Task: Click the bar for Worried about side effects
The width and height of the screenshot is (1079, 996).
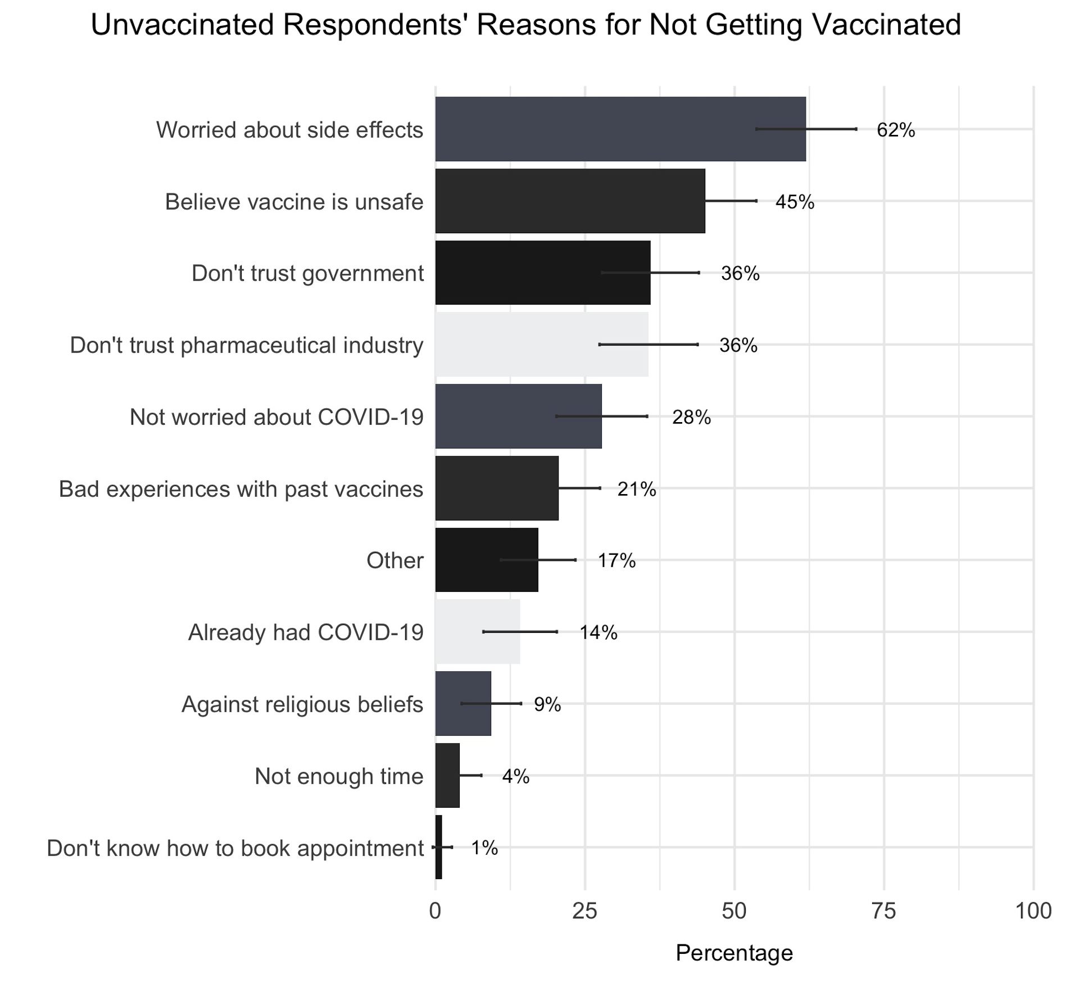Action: pyautogui.click(x=618, y=129)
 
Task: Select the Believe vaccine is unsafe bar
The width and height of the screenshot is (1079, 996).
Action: pyautogui.click(x=568, y=201)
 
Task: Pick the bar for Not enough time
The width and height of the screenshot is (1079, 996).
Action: pyautogui.click(x=447, y=775)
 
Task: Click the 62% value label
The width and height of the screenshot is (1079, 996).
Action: pyautogui.click(x=895, y=130)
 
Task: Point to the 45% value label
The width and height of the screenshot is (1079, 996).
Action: pyautogui.click(x=794, y=202)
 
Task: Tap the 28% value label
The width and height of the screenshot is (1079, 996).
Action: pyautogui.click(x=691, y=417)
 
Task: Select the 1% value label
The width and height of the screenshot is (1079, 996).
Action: pyautogui.click(x=484, y=848)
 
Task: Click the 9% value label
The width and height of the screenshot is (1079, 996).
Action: pyautogui.click(x=547, y=704)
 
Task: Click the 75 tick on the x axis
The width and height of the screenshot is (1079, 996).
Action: pyautogui.click(x=884, y=911)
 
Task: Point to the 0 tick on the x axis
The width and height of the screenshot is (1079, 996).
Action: pyautogui.click(x=435, y=911)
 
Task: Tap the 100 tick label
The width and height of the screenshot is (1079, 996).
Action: pyautogui.click(x=1033, y=911)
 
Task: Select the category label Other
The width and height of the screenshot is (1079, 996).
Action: pyautogui.click(x=395, y=560)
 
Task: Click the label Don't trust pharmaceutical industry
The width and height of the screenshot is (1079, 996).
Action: pyautogui.click(x=246, y=345)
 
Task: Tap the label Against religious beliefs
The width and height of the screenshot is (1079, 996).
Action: pyautogui.click(x=302, y=704)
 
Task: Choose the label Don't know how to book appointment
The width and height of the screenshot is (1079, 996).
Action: pyautogui.click(x=235, y=848)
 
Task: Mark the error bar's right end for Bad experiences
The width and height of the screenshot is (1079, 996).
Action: pyautogui.click(x=600, y=488)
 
